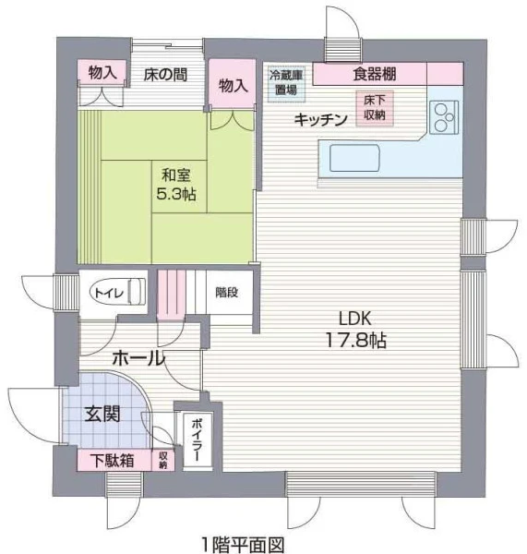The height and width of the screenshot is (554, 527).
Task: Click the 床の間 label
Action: [x=165, y=75]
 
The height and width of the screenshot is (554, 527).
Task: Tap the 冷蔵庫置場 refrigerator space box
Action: [x=286, y=84]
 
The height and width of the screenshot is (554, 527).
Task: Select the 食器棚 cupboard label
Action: [x=375, y=74]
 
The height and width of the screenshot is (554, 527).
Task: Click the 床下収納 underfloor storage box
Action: [x=375, y=108]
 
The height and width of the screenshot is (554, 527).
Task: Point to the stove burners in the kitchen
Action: [x=444, y=116]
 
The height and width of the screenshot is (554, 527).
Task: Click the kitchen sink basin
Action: [x=354, y=158]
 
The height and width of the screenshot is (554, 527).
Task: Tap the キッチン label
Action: [x=320, y=120]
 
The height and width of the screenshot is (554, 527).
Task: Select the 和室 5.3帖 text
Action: [x=176, y=185]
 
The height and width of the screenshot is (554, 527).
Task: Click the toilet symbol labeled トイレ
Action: [x=119, y=292]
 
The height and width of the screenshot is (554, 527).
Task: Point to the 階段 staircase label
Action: [x=227, y=292]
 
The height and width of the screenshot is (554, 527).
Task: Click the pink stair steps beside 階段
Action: [x=172, y=294]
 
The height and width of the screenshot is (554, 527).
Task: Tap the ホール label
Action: [x=138, y=358]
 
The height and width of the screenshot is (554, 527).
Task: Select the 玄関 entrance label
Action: [x=102, y=414]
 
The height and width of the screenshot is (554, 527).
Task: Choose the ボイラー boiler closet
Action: [x=198, y=440]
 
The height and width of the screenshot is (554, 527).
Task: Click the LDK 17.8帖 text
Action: [x=355, y=330]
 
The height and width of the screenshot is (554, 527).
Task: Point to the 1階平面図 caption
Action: [x=243, y=545]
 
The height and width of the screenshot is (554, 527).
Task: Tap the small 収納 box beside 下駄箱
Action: [x=162, y=460]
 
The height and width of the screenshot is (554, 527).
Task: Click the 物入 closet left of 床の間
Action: [x=102, y=72]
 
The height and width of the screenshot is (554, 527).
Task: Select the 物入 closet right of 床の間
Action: [x=233, y=84]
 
